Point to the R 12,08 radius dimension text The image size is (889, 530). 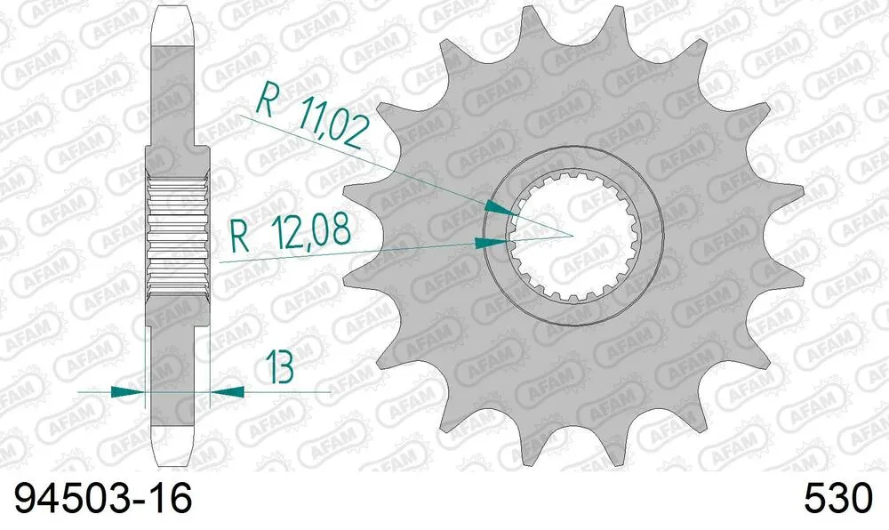pos(290,236)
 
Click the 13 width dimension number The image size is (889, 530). pos(278,367)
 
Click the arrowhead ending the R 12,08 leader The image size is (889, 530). pos(492,242)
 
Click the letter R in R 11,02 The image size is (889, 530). pos(265,101)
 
